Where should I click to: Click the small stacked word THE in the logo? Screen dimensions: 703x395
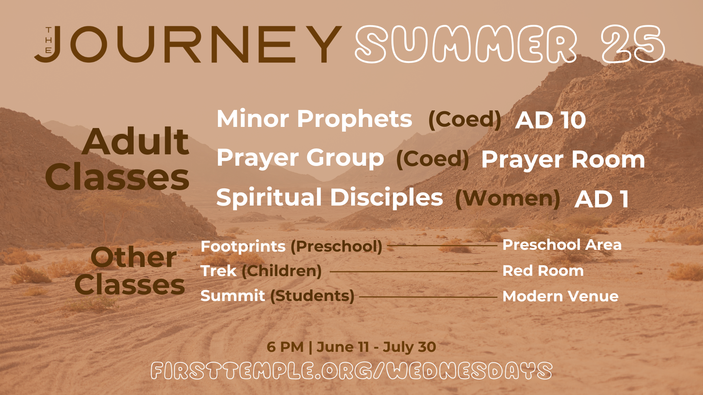click(48, 40)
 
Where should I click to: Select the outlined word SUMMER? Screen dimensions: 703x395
click(466, 44)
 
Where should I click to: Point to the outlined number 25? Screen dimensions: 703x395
click(633, 44)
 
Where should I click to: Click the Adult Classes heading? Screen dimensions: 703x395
click(117, 159)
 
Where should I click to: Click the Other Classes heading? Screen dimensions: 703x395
click(130, 271)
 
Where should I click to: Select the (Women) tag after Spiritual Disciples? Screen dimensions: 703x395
click(507, 199)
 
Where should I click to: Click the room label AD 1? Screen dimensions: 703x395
click(602, 199)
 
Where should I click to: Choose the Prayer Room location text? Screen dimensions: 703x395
click(563, 160)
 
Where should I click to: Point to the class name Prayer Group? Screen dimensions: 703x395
click(300, 158)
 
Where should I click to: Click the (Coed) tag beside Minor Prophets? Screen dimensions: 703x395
click(465, 120)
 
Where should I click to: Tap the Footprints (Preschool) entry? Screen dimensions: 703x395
click(291, 247)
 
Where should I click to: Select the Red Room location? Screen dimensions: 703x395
click(543, 271)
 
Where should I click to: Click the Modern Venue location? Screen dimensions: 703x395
click(561, 296)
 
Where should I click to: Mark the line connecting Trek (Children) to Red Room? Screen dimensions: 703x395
click(413, 272)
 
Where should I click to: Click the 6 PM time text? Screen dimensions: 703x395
click(285, 347)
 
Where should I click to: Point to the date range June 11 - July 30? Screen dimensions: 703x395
click(376, 347)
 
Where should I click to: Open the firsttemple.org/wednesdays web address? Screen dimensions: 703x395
click(351, 371)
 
